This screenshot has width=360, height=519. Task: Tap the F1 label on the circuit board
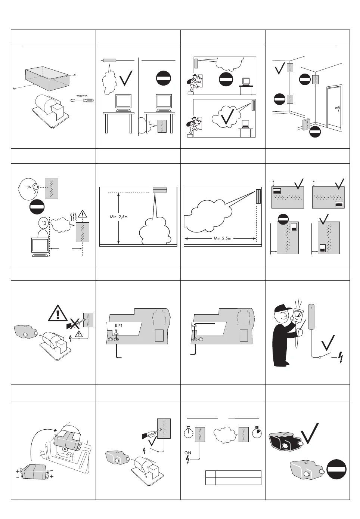pos(120,325)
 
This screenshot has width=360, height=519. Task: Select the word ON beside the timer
pos(188,453)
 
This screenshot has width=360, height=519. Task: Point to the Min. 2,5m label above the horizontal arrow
pos(222,238)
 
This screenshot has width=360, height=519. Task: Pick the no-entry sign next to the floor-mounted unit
pos(316,132)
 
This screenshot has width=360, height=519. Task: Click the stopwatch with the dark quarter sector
pos(257,433)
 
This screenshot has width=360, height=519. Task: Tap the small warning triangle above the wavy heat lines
pos(83,214)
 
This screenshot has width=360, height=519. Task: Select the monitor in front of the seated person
pos(40,246)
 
